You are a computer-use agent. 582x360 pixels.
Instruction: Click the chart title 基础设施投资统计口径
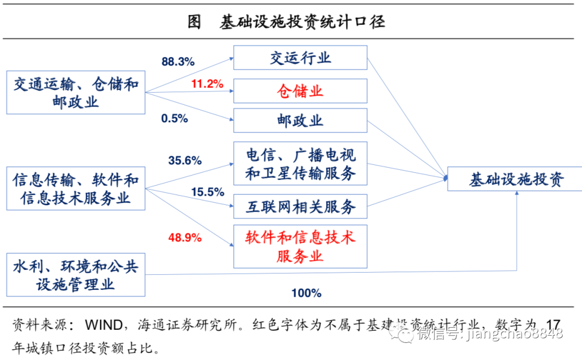tap(302, 22)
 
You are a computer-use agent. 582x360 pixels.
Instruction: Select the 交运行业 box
tap(300, 58)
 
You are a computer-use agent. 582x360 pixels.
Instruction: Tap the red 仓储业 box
tap(300, 91)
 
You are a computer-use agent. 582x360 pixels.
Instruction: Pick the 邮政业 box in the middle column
tap(300, 121)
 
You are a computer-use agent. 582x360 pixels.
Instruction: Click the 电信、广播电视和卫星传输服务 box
tap(300, 164)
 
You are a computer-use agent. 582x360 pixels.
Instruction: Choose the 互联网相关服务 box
tap(300, 206)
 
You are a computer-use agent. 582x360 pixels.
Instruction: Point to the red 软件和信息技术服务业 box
tap(300, 246)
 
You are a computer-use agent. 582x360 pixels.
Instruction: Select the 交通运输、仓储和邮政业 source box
tap(76, 92)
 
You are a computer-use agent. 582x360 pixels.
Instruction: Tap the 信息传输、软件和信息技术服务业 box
tap(76, 189)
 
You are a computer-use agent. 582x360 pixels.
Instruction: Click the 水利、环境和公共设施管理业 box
tap(76, 275)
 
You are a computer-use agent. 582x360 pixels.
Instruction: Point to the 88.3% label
tap(178, 61)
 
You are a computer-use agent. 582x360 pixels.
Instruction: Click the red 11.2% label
tap(207, 84)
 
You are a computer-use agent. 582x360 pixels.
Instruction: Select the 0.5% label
tap(175, 119)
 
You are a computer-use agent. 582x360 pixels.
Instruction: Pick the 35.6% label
tap(185, 161)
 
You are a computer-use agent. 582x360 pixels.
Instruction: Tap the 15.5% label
tap(207, 192)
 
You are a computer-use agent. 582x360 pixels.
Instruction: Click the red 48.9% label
tap(185, 237)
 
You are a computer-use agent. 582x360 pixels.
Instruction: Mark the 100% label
tap(306, 293)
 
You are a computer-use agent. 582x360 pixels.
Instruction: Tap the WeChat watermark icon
tap(401, 333)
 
